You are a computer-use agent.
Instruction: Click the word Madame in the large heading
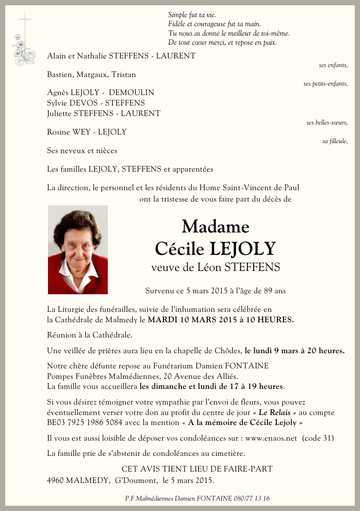[x=215, y=227]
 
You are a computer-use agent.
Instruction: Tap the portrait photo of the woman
[x=78, y=250]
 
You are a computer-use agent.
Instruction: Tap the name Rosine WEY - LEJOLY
[x=86, y=132]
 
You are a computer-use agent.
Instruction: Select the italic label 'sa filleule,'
[x=335, y=141]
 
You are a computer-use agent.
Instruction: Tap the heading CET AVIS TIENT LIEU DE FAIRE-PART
[x=197, y=469]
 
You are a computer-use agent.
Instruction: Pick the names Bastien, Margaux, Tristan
[x=91, y=75]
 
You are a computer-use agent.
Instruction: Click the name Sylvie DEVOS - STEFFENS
[x=96, y=103]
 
